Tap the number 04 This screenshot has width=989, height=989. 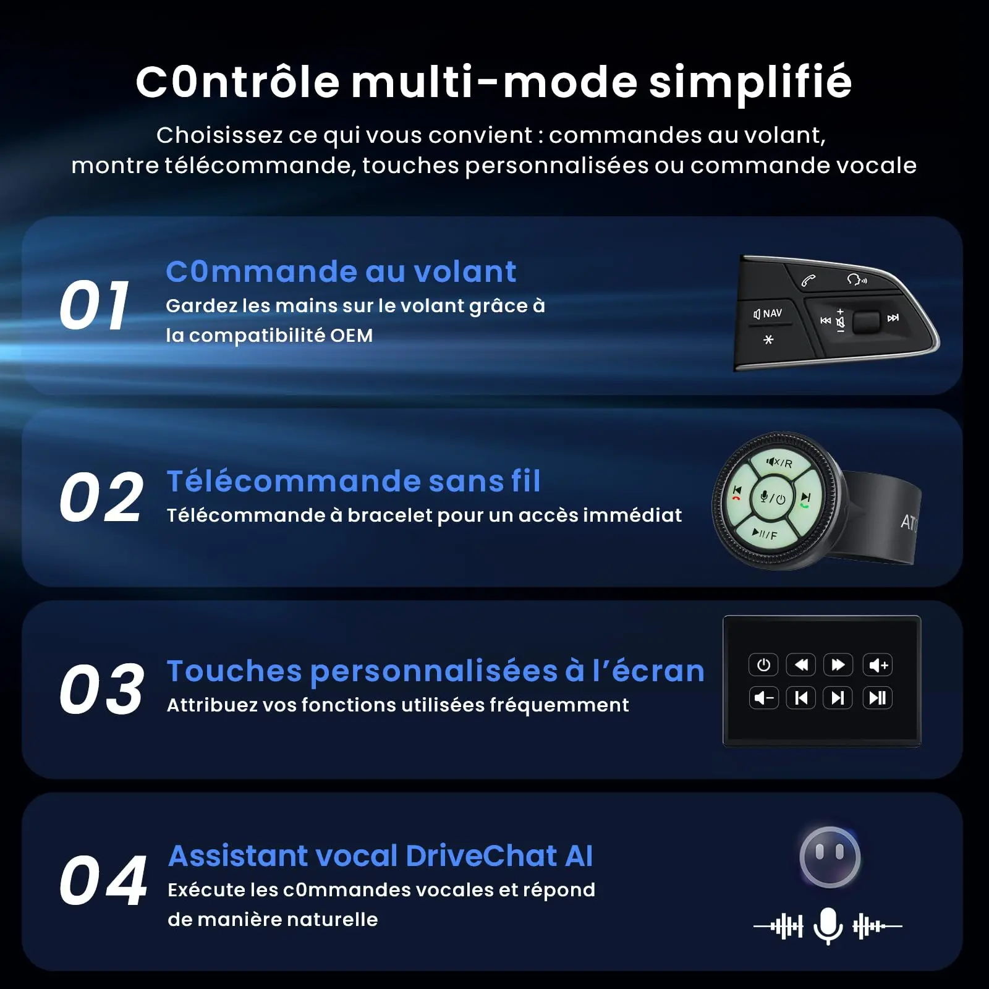[x=103, y=880]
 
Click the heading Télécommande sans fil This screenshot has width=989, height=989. [x=354, y=481]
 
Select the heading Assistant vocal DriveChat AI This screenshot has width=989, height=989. [x=380, y=856]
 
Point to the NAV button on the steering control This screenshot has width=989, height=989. [x=768, y=313]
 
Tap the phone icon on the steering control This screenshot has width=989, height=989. [x=808, y=281]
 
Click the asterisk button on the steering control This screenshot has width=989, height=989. [x=768, y=339]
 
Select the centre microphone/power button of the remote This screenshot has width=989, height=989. [x=773, y=498]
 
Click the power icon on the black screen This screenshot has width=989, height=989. [x=763, y=665]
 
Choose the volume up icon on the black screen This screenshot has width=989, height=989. [x=878, y=665]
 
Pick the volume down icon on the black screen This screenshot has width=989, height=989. [x=763, y=698]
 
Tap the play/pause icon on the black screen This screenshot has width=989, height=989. [x=878, y=698]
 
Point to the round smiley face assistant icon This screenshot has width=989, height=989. [x=830, y=857]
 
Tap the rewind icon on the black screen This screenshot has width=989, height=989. [x=801, y=665]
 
